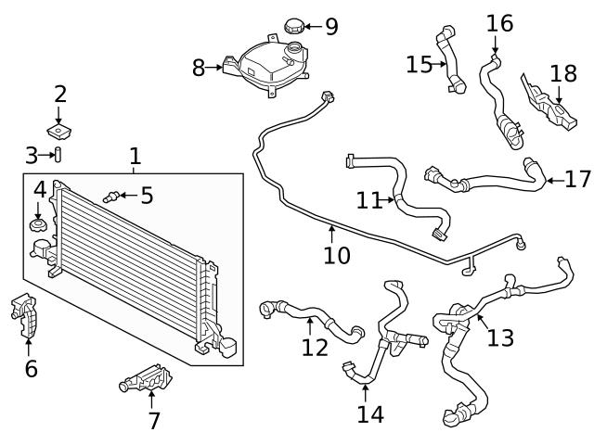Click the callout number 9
pos(331,27)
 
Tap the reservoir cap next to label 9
pos(296,27)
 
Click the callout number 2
pos(60,94)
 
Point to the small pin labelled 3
pos(57,153)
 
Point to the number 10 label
pos(337,255)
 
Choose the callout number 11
pos(369,199)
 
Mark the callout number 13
pos(499,337)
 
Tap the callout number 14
pos(369,413)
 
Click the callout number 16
pos(499,22)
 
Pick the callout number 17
pos(577,179)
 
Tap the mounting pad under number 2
pos(59,127)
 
